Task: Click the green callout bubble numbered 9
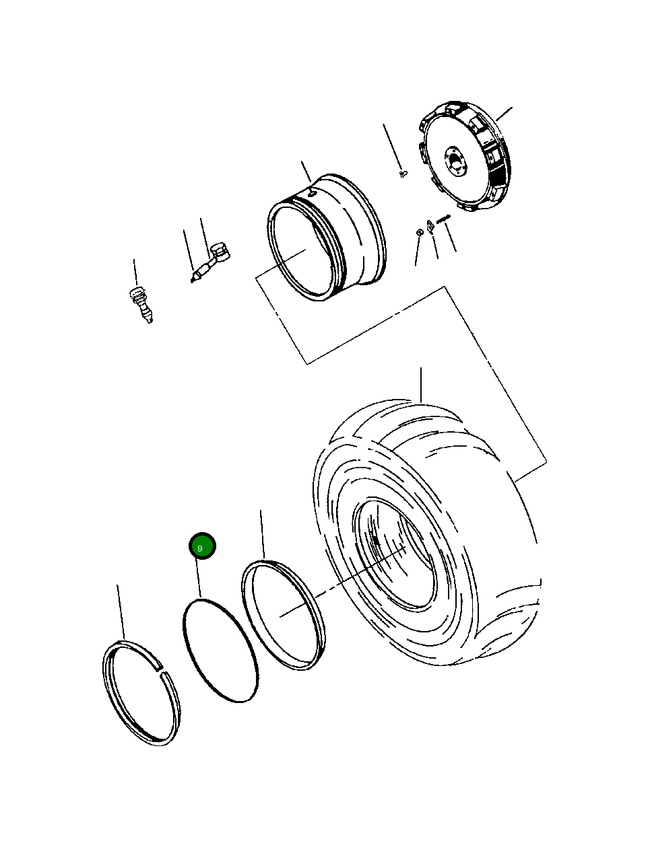click(201, 546)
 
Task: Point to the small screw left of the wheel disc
click(403, 174)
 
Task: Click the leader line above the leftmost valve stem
click(135, 272)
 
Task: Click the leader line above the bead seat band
click(262, 534)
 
